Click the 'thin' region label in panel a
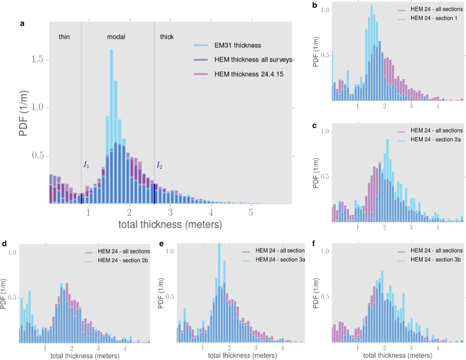coord(64,37)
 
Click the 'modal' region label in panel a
coord(116,37)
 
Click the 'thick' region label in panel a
coord(167,37)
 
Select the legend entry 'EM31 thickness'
coord(237,45)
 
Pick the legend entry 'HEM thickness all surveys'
coord(253,60)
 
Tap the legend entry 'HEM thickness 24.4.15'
coord(249,74)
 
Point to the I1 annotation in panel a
coord(86,165)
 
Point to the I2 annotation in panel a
coord(159,165)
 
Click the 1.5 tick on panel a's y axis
coord(37,59)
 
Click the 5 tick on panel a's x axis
coord(251,212)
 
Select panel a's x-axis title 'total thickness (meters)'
coord(170,224)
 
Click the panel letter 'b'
coord(315,5)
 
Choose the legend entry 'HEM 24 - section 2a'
coord(435,140)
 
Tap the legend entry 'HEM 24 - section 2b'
coord(122,260)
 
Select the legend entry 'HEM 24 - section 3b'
coord(435,259)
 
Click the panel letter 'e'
coord(161,244)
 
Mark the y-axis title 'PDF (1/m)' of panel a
coord(23,113)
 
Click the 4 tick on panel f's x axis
coord(438,348)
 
